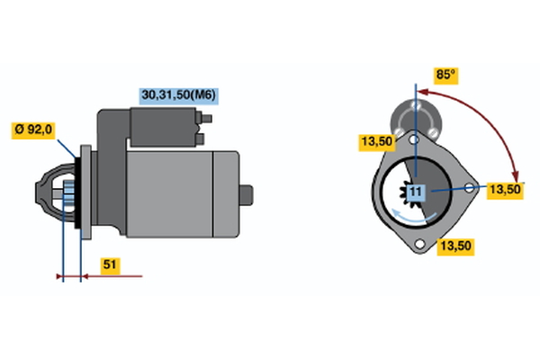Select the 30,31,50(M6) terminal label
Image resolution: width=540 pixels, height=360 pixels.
coord(179,94)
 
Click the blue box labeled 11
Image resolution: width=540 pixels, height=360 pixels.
coord(415,192)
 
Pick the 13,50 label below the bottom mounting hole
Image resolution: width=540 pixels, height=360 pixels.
coord(456,245)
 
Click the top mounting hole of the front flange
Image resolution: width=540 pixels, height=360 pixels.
coord(415,140)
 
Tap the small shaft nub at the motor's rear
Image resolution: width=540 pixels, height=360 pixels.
coord(248,193)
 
